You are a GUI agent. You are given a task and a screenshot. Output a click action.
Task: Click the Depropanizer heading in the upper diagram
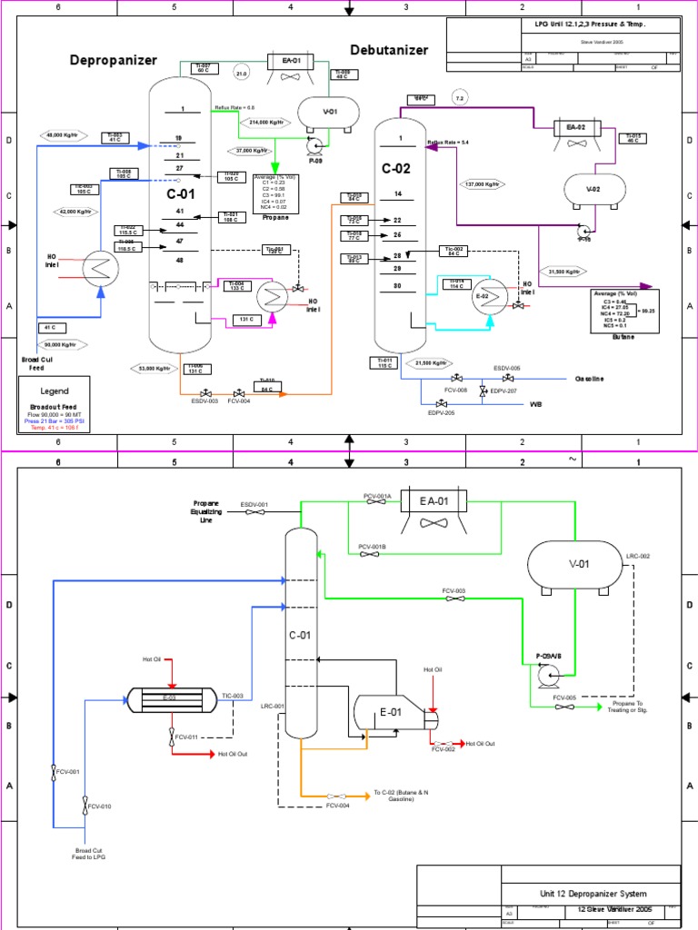tap(114, 60)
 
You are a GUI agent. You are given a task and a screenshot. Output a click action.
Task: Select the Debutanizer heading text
tap(389, 50)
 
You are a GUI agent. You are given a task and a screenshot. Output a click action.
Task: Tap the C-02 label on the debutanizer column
tap(397, 167)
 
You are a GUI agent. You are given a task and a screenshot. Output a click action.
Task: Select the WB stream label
tap(536, 405)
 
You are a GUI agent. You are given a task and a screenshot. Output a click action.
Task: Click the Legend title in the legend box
tap(55, 391)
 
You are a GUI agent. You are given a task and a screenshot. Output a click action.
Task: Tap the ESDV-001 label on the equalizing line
tap(254, 504)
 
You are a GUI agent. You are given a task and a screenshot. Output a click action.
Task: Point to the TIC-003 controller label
tap(233, 696)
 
